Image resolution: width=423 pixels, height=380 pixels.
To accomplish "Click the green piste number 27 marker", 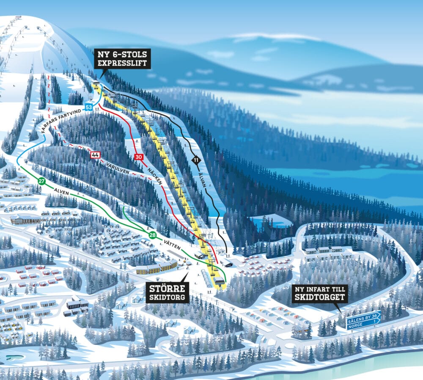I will (41, 181).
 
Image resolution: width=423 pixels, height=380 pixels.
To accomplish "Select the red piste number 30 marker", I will (138, 157).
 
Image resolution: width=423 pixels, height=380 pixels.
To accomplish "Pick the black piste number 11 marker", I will (195, 160).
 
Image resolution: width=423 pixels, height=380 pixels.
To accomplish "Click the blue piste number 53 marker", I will (88, 107).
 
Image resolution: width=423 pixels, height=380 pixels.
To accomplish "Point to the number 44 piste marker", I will (95, 155).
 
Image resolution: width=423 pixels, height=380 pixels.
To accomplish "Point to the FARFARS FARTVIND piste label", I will (64, 118).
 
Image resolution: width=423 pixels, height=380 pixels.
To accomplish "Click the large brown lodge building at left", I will (25, 219).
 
